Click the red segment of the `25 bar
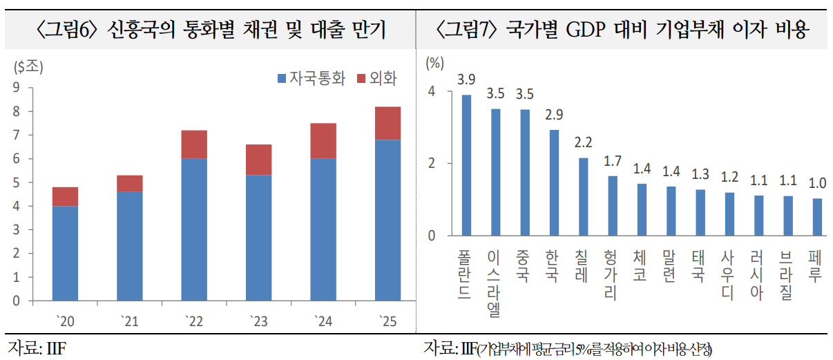(x=387, y=123)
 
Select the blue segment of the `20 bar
(x=65, y=253)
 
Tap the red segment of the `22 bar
(x=193, y=144)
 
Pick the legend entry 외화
(x=376, y=78)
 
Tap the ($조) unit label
(x=28, y=67)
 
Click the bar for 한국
(x=554, y=182)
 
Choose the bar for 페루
(x=818, y=217)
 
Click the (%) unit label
(x=434, y=64)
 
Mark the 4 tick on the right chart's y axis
(x=432, y=92)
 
